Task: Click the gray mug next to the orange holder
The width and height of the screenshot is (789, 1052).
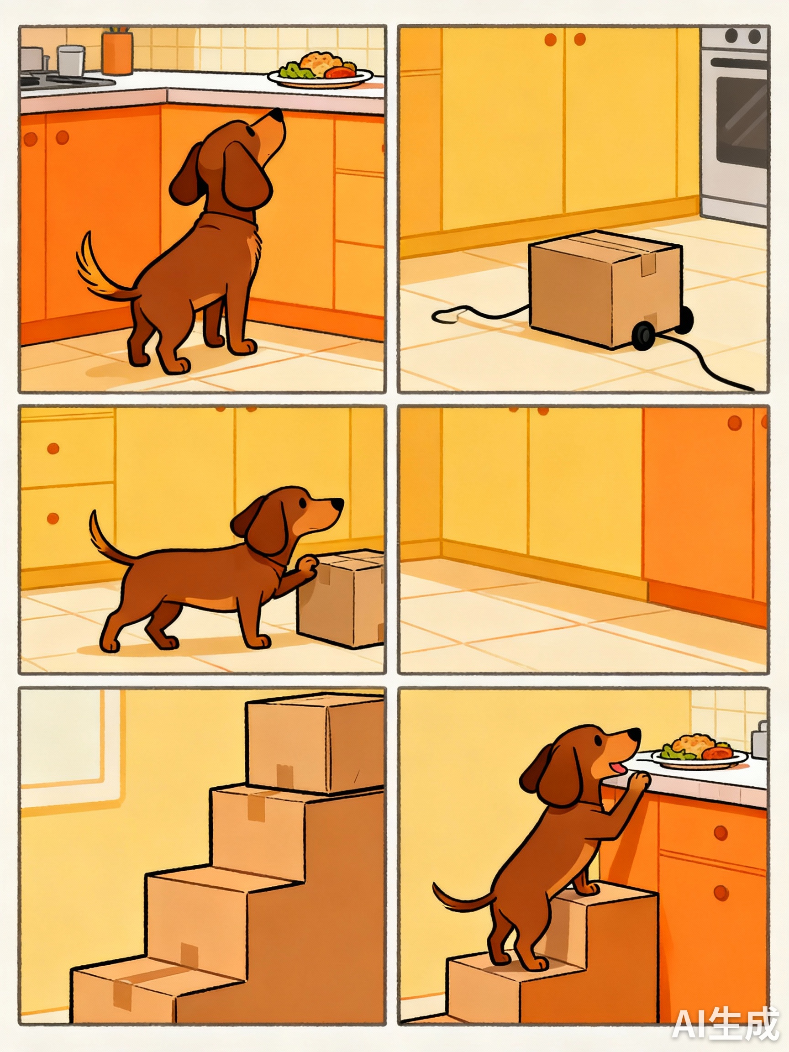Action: point(71,60)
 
